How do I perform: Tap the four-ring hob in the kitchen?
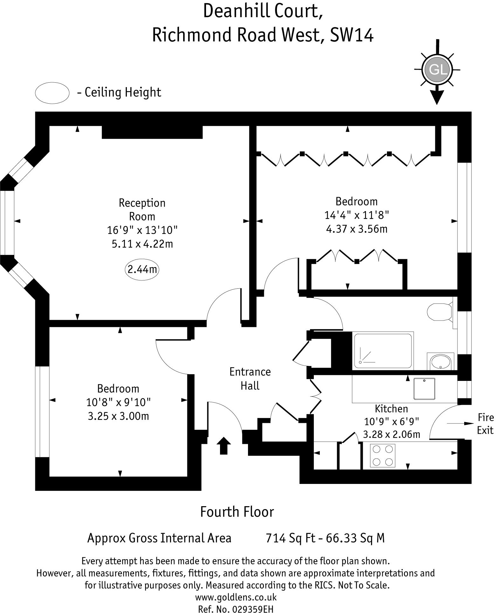point(383,455)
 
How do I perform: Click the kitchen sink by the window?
point(424,389)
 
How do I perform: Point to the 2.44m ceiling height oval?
point(142,270)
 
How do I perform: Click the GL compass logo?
point(437,70)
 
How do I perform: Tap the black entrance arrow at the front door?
point(224,445)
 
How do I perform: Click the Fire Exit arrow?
point(460,423)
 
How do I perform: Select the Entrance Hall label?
point(250,379)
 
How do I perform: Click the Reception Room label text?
point(142,210)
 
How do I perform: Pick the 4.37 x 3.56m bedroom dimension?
point(357,229)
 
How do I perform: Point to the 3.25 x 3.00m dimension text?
point(118,416)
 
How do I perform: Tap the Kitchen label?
point(391,409)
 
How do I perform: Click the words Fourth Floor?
point(237,512)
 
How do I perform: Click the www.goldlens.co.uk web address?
point(236,597)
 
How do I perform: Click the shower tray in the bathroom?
point(382,351)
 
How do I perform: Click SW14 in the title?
point(352,35)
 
